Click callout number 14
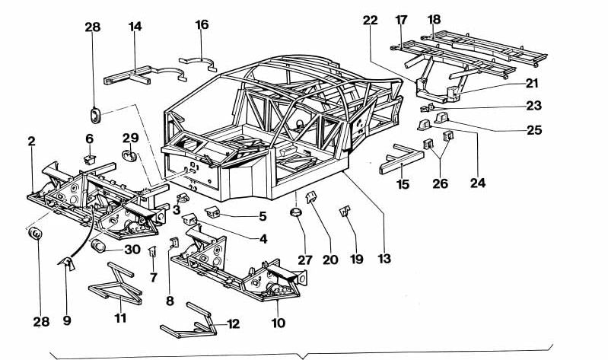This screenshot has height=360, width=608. coord(135,27)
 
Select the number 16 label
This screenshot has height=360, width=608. coord(202,25)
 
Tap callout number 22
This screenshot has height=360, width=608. coord(371,21)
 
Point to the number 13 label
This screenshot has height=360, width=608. coord(384,260)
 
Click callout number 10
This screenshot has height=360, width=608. coord(278,323)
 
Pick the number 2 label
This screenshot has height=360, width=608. coord(32,142)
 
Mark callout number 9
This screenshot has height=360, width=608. coord(67,321)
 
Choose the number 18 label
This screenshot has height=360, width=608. coord(434,19)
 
